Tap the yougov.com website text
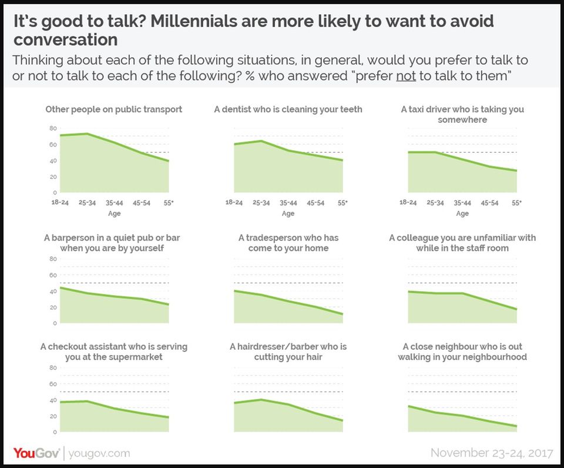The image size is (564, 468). click(99, 453)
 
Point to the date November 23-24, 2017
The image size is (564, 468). click(492, 453)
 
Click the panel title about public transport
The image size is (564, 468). click(114, 109)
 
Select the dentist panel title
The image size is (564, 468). click(288, 109)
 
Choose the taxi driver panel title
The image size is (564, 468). click(462, 114)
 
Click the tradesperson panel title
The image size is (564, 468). click(288, 243)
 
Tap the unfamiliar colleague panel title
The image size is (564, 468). click(462, 243)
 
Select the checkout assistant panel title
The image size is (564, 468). click(114, 352)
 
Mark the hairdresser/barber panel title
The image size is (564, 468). click(288, 352)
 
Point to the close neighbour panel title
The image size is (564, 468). click(462, 352)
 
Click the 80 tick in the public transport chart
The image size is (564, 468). click(53, 128)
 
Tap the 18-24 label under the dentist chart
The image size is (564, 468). click(234, 203)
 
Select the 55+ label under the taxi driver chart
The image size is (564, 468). click(516, 203)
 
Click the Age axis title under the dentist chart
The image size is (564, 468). click(288, 213)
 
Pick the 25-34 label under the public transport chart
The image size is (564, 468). click(87, 203)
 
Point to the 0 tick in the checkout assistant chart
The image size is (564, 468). click(54, 432)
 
